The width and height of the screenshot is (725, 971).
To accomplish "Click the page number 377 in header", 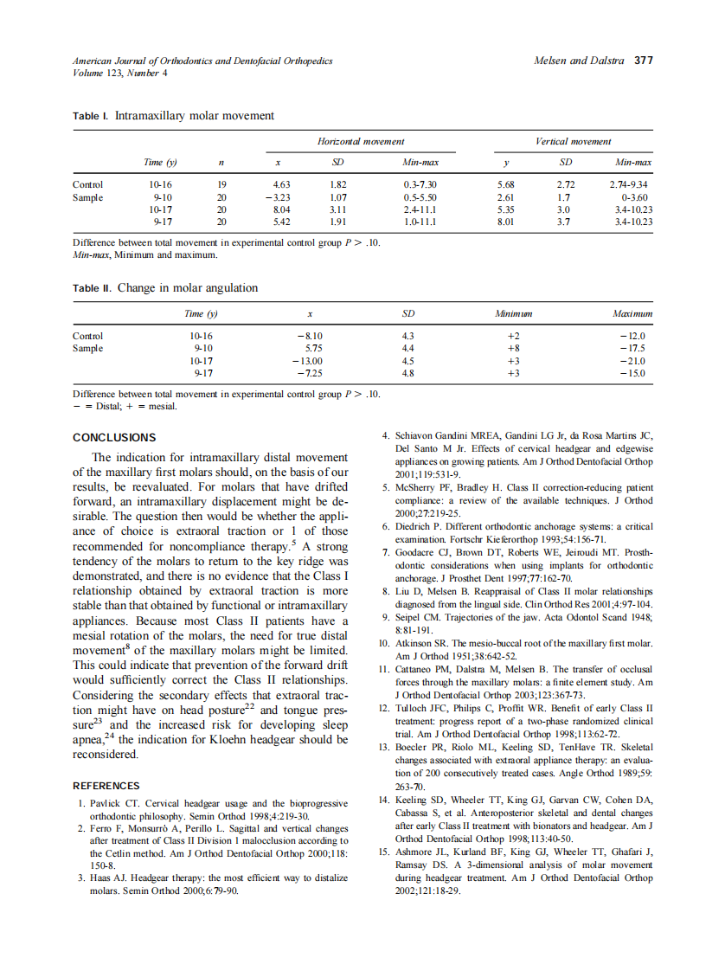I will coord(644,61).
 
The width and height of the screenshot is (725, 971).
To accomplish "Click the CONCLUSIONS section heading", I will coord(114,438).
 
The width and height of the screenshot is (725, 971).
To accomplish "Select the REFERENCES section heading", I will coord(106,786).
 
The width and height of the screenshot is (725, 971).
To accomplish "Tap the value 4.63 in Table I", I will coord(281,184).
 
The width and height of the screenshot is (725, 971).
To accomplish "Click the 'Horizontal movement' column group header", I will coord(361,141).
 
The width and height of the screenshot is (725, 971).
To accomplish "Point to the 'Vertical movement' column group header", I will coord(573,141).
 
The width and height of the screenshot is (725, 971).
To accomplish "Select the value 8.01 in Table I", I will coord(506,222).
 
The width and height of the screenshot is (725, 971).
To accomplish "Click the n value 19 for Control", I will coord(221,184).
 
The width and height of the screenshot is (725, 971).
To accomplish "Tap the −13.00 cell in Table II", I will coord(307,361).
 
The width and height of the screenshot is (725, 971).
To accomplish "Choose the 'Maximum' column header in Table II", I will coord(632,314).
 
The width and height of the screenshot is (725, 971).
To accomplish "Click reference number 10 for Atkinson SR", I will coord(385,644).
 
